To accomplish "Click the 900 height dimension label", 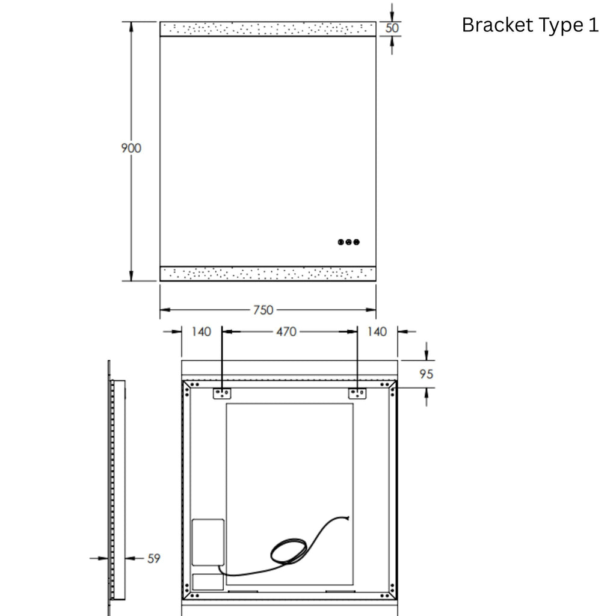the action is [x=131, y=148].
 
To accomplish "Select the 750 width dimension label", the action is [x=263, y=310].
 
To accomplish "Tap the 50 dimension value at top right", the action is [x=392, y=28].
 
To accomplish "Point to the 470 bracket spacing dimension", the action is [x=286, y=331].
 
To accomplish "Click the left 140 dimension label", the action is [x=201, y=331].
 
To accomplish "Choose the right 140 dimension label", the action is [x=377, y=331].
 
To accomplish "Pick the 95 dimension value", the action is [x=427, y=374].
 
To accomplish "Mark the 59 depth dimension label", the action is [x=154, y=558].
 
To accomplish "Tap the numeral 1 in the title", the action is [x=594, y=25].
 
